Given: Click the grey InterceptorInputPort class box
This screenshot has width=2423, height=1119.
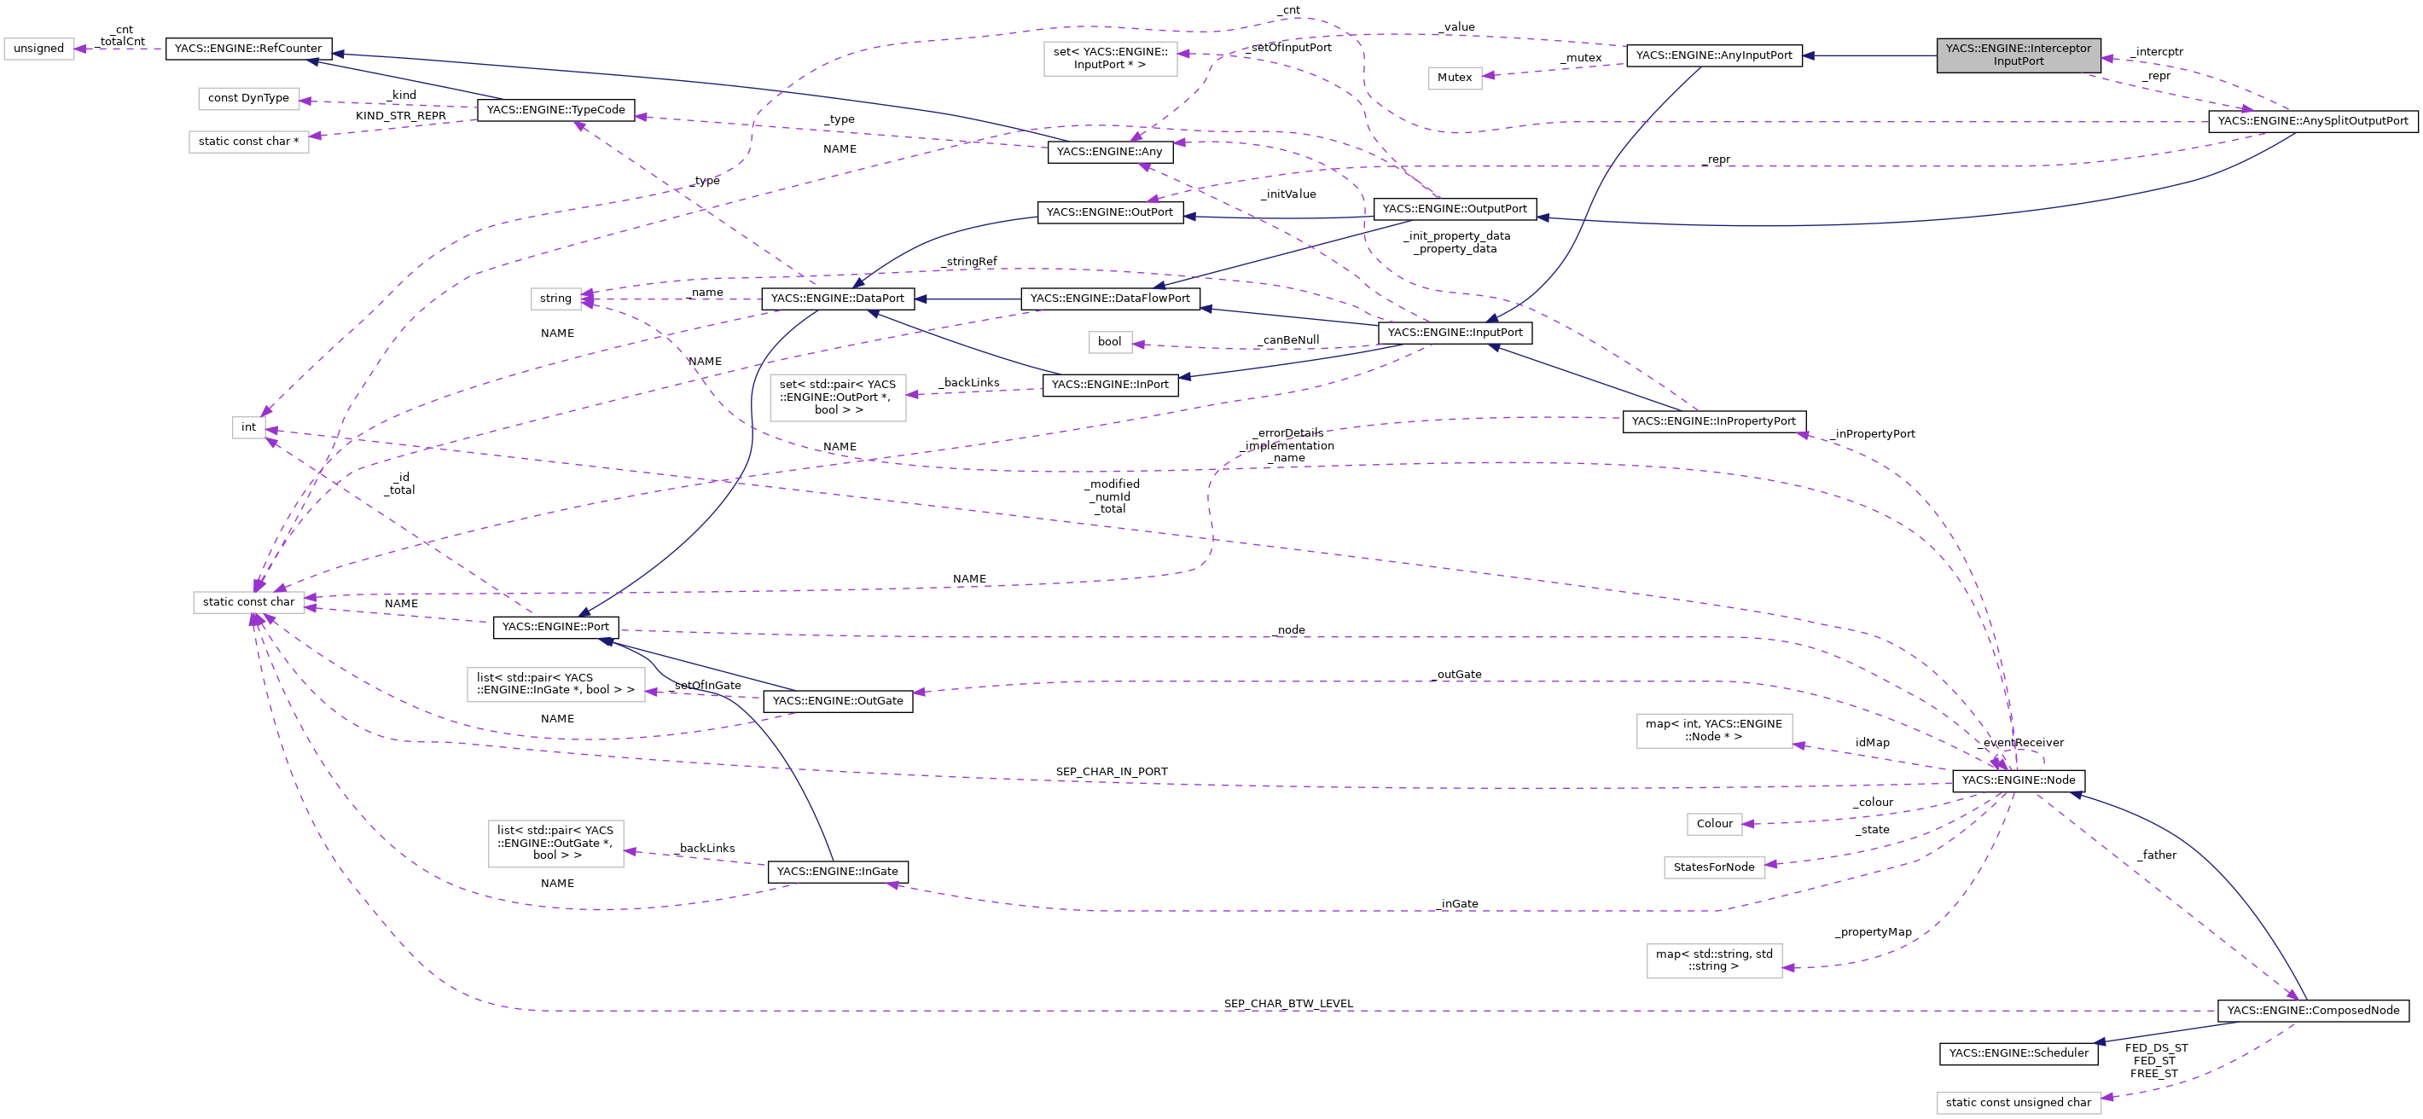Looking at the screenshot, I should point(2018,55).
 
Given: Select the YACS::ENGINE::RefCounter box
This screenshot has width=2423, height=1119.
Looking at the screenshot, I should point(248,48).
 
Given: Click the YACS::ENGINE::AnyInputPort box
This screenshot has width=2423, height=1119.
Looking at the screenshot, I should point(1713,55).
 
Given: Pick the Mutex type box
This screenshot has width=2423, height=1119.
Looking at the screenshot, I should point(1454,77).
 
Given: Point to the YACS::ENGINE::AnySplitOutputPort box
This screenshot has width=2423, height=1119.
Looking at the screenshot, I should point(2312,121).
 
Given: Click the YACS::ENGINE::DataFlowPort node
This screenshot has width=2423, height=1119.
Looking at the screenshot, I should point(1109,298).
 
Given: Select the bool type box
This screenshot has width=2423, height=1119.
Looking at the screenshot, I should point(1109,341).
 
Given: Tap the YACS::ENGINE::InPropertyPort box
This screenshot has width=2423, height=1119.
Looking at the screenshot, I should point(1713,421).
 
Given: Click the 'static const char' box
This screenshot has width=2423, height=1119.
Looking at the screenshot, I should point(248,602).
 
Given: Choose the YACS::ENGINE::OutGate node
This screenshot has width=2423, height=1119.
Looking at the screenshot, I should point(837,700).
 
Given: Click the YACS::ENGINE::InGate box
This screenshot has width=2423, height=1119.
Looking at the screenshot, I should point(837,872).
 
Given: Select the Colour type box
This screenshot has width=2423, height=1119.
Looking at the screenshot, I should point(1714,824).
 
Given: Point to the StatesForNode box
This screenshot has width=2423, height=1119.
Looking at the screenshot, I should point(1713,867).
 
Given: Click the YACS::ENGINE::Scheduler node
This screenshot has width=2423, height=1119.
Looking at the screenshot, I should point(2018,1053).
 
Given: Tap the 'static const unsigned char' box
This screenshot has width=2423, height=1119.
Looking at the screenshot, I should point(2018,1102).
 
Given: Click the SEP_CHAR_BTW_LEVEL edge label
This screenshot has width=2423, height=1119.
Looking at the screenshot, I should point(1287,1003).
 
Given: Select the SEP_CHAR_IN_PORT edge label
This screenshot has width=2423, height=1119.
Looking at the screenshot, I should point(1111,771).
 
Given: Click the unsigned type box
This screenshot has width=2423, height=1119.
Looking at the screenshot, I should point(38,48).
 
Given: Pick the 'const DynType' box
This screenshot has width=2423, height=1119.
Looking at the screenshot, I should point(248,98).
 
